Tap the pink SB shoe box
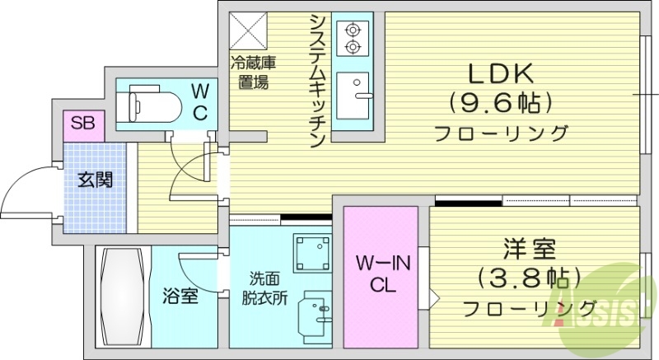[82, 124]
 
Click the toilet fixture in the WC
[148, 105]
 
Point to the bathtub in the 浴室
[121, 296]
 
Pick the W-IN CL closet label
[380, 274]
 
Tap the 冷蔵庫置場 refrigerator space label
[248, 71]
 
